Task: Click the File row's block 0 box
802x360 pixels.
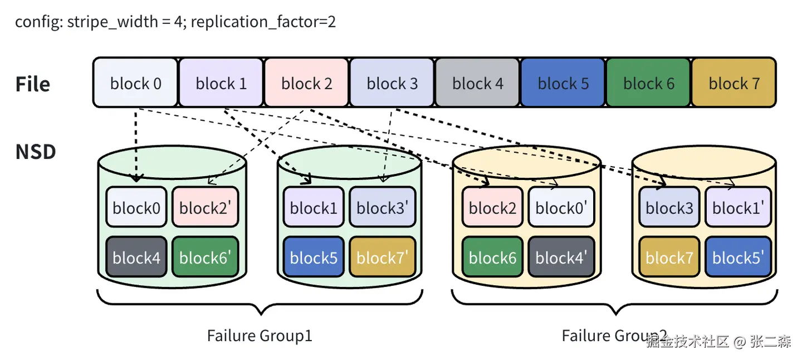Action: tap(135, 83)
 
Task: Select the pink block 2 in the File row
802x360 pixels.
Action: tap(306, 83)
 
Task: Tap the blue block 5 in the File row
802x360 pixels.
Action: tap(563, 83)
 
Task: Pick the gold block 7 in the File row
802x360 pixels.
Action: tap(733, 83)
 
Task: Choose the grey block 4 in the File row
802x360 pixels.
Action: tap(477, 83)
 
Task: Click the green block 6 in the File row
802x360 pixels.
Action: tap(648, 83)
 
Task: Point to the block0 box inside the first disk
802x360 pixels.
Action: tap(136, 207)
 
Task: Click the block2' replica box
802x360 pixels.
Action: tap(205, 207)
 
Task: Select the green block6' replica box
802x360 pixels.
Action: tap(205, 257)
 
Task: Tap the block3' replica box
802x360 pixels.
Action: tap(382, 207)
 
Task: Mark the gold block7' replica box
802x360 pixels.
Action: tap(382, 257)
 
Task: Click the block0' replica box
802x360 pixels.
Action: tap(561, 207)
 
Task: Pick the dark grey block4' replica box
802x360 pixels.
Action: tap(561, 257)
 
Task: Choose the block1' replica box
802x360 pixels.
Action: tap(738, 207)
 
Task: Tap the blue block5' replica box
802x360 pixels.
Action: tap(738, 257)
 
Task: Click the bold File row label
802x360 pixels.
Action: tap(33, 84)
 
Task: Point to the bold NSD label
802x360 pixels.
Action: tap(36, 152)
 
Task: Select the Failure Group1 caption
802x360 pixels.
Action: tap(260, 335)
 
